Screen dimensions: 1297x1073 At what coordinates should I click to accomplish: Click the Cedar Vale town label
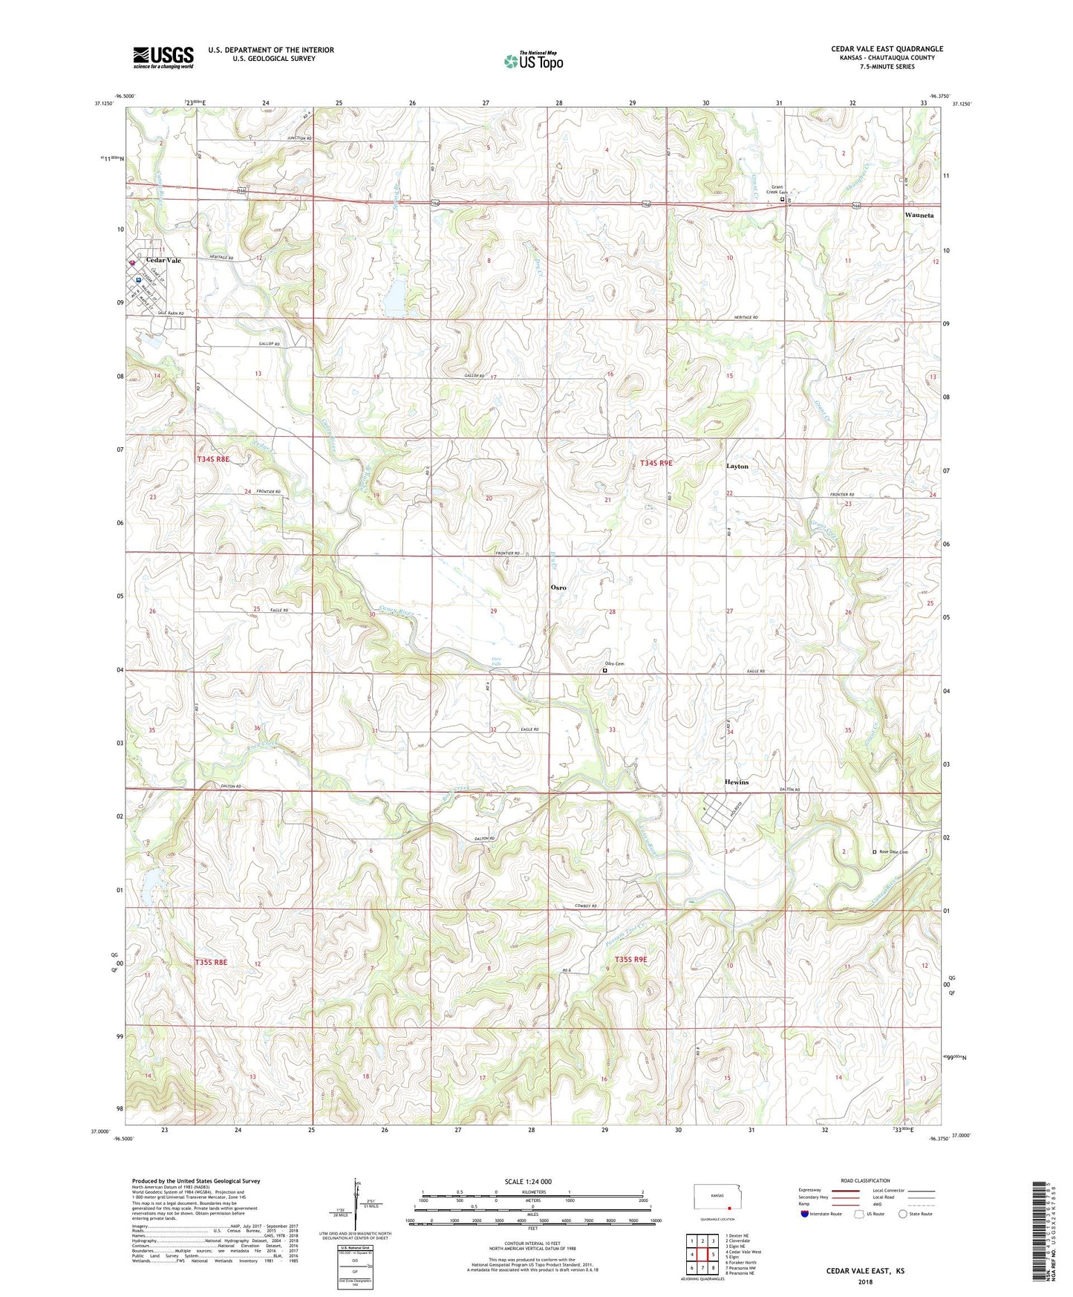pyautogui.click(x=163, y=261)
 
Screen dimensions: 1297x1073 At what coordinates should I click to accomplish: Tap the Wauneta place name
pyautogui.click(x=919, y=215)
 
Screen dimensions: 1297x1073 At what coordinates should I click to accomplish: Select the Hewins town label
pyautogui.click(x=736, y=782)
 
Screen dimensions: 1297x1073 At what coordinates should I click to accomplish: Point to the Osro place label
pyautogui.click(x=558, y=587)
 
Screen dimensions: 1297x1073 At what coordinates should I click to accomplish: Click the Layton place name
pyautogui.click(x=737, y=466)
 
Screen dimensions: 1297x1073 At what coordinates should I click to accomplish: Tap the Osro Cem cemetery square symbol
pyautogui.click(x=604, y=670)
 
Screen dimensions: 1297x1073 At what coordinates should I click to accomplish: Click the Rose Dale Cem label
pyautogui.click(x=893, y=852)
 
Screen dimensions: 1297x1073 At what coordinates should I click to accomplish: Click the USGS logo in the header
pyautogui.click(x=163, y=56)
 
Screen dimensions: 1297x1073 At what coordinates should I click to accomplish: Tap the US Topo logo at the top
pyautogui.click(x=534, y=60)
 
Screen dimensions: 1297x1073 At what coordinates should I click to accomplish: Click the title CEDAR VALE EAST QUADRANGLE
pyautogui.click(x=887, y=49)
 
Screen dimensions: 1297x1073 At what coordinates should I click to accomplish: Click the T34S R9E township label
pyautogui.click(x=656, y=463)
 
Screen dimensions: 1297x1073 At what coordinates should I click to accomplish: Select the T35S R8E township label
pyautogui.click(x=212, y=962)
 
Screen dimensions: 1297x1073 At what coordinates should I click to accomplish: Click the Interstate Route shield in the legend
pyautogui.click(x=805, y=1214)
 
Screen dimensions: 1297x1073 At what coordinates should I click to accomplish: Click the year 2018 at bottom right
pyautogui.click(x=865, y=1281)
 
